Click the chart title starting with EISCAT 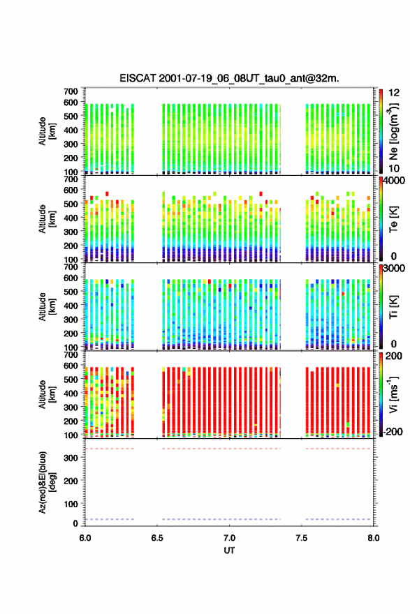229,78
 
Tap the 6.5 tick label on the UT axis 157,538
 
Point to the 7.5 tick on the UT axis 302,538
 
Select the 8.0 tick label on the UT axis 374,538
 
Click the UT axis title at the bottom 229,551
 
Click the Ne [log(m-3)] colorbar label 393,132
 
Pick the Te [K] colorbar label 393,219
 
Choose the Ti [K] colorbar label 393,306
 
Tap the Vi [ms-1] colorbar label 393,394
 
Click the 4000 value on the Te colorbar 394,181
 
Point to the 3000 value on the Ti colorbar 394,268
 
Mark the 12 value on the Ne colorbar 395,93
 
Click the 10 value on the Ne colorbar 395,168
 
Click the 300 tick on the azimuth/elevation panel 71,458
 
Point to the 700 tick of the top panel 71,91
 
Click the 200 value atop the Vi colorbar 394,356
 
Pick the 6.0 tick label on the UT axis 85,538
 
